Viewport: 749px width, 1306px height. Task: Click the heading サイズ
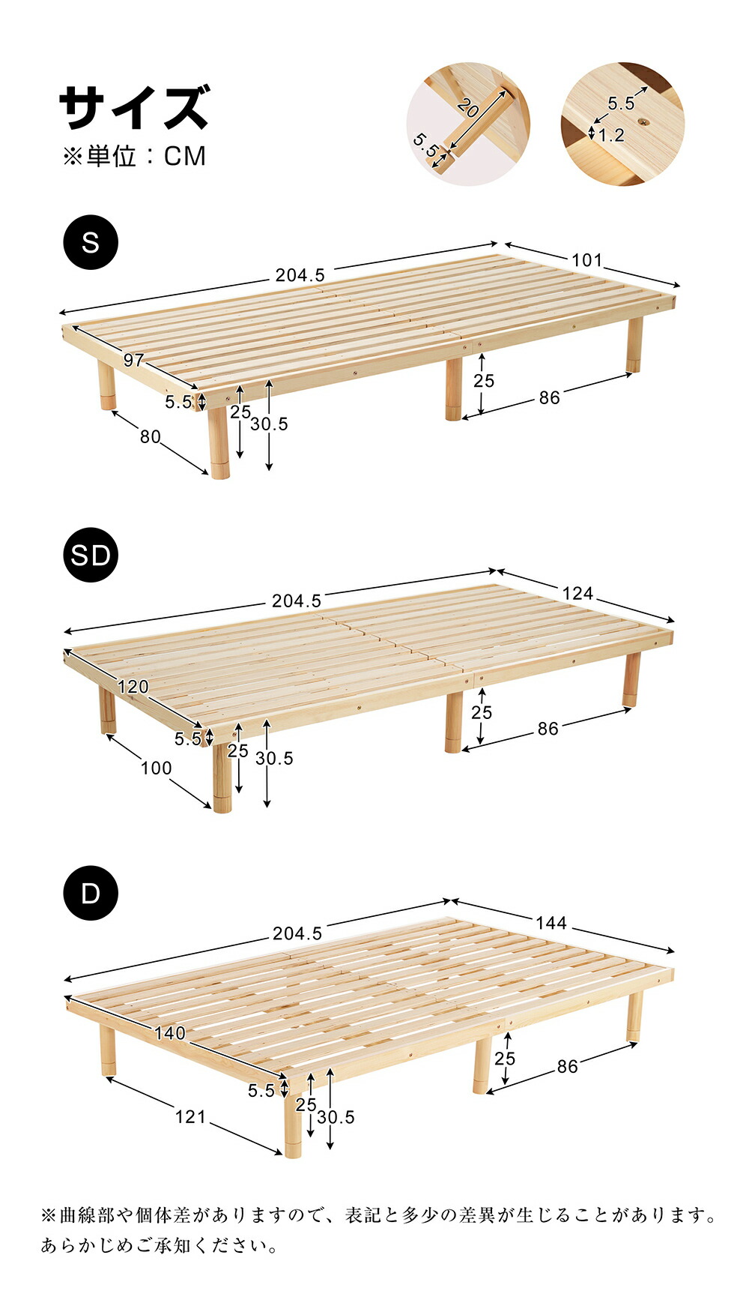tap(134, 107)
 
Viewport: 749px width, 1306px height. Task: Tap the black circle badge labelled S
tap(91, 242)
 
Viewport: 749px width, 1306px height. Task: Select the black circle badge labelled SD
tap(91, 555)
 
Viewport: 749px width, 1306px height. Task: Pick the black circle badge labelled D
tap(91, 893)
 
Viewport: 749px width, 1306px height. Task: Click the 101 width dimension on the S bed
tap(586, 260)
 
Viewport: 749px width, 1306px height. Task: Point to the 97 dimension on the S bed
tap(133, 360)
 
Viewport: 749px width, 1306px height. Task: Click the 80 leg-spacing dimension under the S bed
tap(150, 436)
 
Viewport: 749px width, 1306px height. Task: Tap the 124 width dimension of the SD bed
tap(577, 594)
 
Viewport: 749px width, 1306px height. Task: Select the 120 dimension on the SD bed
tap(133, 686)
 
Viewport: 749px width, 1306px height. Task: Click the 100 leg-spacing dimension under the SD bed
tap(156, 768)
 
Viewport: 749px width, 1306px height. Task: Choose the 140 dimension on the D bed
tap(170, 1032)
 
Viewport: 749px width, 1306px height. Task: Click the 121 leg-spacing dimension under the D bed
tap(190, 1116)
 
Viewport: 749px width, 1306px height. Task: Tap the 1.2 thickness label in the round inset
tap(612, 135)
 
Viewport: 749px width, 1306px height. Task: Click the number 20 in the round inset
tap(467, 109)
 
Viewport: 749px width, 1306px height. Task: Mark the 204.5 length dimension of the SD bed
tap(297, 601)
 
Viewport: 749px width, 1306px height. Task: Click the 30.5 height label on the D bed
tap(336, 1117)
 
